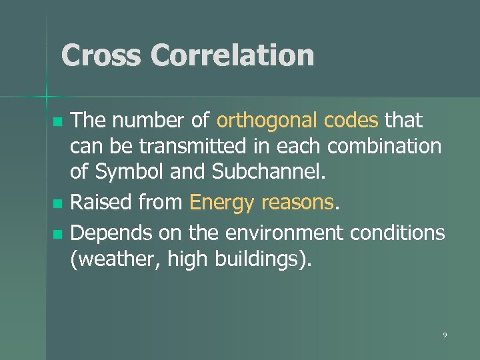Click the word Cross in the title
coord(101,55)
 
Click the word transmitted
coord(175,146)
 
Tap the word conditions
coord(402,233)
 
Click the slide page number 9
coord(445,335)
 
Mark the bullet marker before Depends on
coord(57,234)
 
